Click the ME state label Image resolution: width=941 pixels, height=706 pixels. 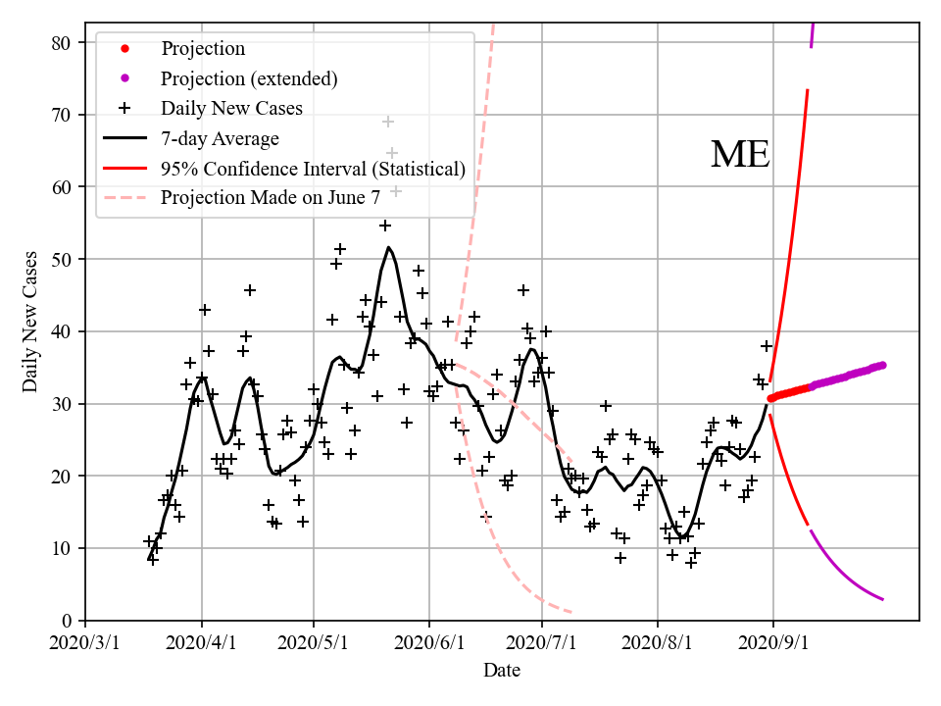pos(740,155)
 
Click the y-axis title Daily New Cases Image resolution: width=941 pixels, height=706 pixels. pos(30,322)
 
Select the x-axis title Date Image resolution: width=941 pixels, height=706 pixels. pos(501,671)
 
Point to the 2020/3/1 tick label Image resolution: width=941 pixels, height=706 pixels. pos(85,643)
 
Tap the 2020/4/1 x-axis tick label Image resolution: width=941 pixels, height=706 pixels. pos(202,643)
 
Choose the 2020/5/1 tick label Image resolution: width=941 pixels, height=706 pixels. pos(314,643)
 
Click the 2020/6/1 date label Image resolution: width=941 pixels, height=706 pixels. pos(429,643)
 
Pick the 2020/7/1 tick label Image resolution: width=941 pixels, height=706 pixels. pos(542,643)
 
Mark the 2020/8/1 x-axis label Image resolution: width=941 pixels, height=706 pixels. pos(658,643)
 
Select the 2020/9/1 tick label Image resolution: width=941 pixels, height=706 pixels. pos(773,643)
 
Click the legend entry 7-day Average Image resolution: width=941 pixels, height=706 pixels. pos(220,138)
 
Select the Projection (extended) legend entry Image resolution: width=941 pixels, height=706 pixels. pos(249,78)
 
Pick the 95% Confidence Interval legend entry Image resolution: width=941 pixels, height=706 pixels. pos(313,168)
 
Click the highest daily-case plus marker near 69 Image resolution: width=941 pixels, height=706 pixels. pos(388,122)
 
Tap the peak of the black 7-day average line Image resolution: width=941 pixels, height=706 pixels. pos(388,247)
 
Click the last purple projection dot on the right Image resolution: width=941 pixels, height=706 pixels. pos(882,365)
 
